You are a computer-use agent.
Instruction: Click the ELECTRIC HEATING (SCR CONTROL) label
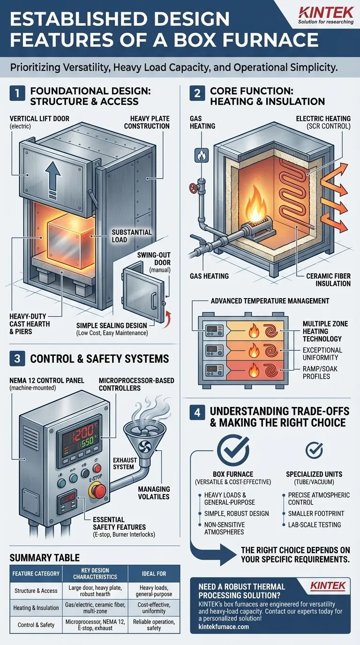coord(323,123)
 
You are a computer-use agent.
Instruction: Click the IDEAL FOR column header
coord(157,573)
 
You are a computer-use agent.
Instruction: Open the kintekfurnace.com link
coord(224,627)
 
